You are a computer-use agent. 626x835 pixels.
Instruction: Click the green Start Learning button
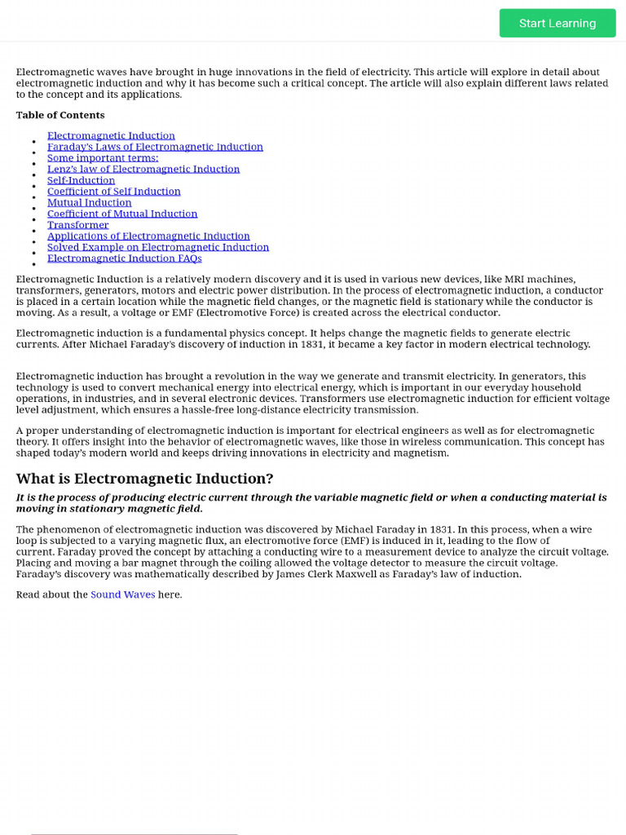[558, 23]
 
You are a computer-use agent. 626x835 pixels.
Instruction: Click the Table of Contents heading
[60, 115]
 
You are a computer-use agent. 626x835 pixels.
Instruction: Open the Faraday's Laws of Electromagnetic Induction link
[155, 147]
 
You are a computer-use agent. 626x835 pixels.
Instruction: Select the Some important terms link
[103, 158]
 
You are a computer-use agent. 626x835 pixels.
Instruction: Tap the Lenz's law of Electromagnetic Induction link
[143, 169]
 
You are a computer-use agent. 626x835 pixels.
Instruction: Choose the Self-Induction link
[81, 180]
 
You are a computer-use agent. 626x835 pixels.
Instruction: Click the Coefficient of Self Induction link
[114, 192]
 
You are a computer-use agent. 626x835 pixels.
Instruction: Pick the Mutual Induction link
[89, 202]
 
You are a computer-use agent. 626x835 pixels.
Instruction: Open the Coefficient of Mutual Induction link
[122, 214]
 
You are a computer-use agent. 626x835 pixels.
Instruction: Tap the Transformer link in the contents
[77, 225]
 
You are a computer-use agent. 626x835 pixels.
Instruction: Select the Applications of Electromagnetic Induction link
[148, 236]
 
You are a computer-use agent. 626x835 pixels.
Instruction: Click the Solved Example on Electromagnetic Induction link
[158, 247]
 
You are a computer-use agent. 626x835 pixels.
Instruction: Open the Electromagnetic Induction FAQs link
[124, 258]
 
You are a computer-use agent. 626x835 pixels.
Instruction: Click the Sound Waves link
[122, 594]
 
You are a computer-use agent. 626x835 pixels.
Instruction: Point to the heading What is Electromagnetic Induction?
[145, 479]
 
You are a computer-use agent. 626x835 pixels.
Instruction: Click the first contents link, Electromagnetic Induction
[111, 135]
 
